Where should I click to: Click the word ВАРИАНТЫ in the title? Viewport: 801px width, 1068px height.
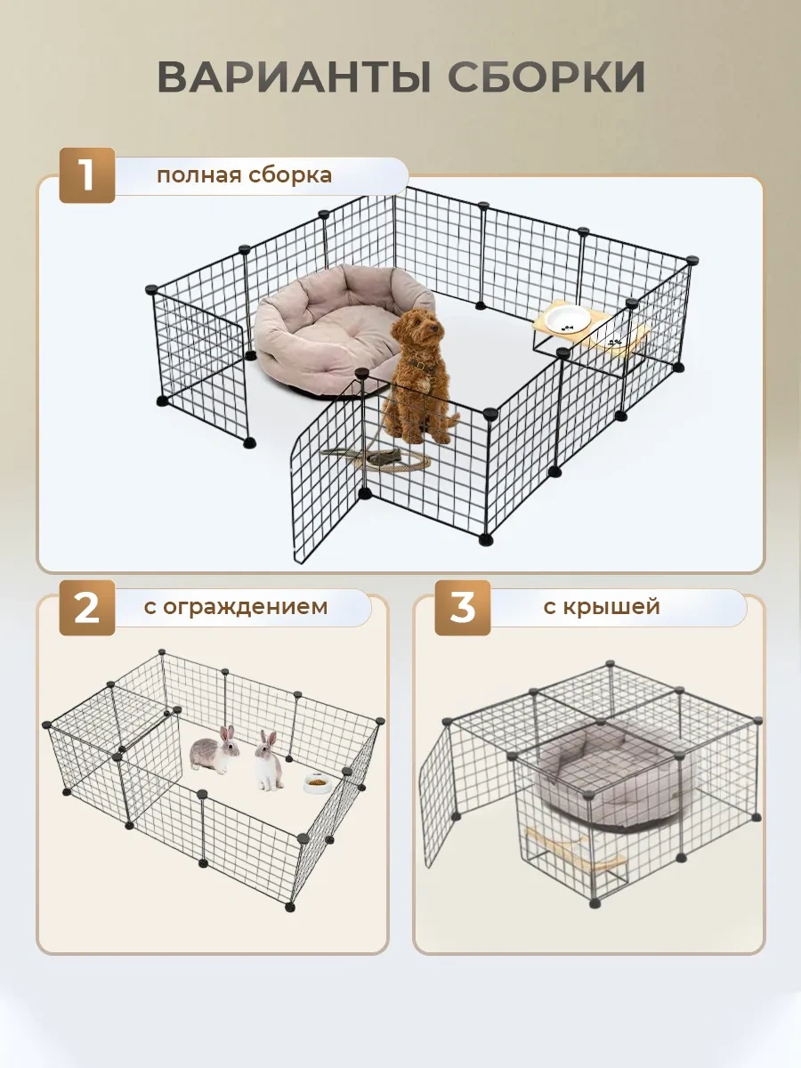coord(295,77)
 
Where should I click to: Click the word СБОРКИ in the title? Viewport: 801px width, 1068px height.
coord(546,77)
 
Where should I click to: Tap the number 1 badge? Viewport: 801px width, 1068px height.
coord(86,174)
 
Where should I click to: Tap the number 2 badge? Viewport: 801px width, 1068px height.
coord(86,608)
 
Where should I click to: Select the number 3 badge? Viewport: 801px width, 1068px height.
coord(462,608)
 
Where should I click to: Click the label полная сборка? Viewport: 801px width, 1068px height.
coord(244,174)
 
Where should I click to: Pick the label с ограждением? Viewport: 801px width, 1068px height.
coord(235,607)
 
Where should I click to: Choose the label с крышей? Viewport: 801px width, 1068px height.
coord(603,607)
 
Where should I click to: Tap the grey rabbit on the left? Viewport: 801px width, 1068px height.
coord(215,754)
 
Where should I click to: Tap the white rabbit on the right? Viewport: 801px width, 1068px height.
coord(266,761)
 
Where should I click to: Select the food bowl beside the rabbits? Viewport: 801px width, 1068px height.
coord(317,783)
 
